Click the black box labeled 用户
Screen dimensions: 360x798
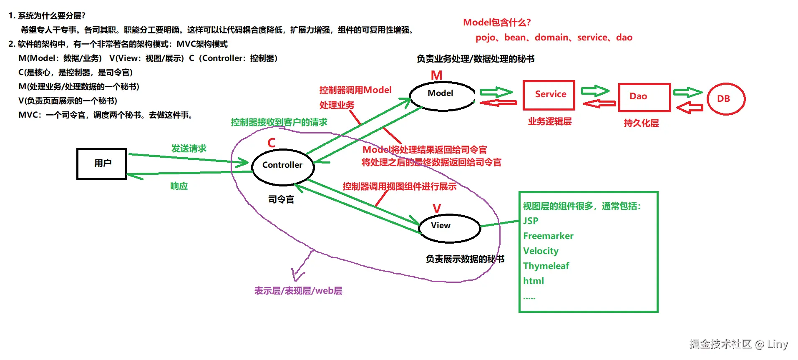click(102, 164)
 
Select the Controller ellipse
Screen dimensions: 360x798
click(283, 166)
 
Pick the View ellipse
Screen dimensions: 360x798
click(449, 228)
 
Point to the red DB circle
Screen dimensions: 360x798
click(726, 99)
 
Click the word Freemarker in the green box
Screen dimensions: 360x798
click(548, 236)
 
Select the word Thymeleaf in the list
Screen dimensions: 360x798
click(546, 266)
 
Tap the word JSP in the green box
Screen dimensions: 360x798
click(531, 221)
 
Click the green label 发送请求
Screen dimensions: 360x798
click(189, 149)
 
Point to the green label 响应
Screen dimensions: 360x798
click(179, 186)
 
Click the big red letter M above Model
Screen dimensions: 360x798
click(436, 76)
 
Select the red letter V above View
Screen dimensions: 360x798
click(436, 209)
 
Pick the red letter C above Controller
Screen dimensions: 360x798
click(271, 143)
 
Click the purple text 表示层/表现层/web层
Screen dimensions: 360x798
click(298, 291)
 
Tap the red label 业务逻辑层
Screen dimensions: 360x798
click(549, 122)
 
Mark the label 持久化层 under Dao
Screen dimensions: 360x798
click(641, 123)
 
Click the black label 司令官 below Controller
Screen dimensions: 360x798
click(281, 200)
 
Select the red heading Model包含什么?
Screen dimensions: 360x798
click(496, 23)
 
